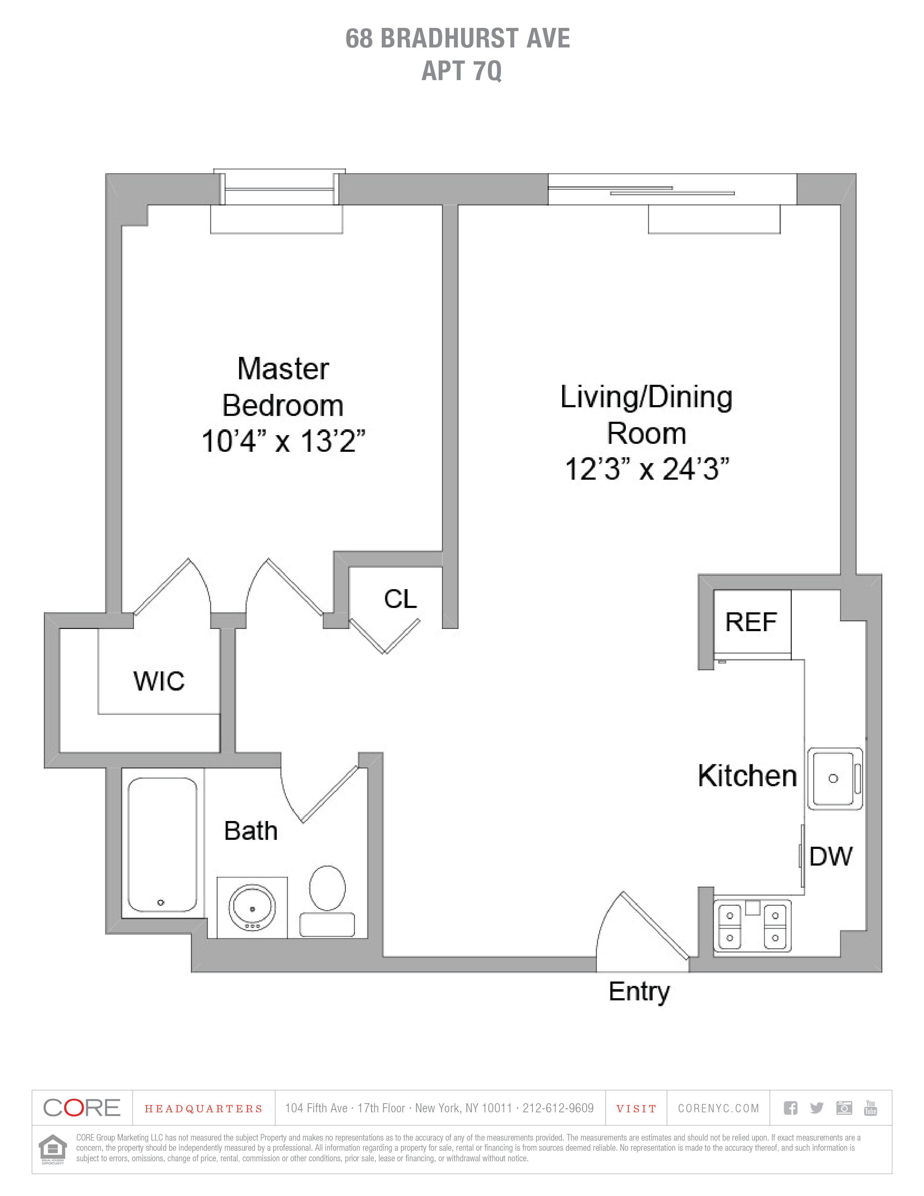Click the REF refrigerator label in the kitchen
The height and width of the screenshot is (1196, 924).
point(751,623)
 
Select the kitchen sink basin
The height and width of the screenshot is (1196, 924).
point(834,778)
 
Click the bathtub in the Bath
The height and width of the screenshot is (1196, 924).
point(162,845)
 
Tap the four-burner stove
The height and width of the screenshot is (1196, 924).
point(752,925)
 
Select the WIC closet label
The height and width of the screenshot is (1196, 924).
point(159,681)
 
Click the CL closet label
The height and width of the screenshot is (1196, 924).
point(400,599)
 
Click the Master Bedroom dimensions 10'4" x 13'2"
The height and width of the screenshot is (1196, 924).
point(283,441)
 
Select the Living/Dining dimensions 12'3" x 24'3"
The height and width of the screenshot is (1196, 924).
point(647,469)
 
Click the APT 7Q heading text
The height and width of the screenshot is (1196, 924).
point(461,71)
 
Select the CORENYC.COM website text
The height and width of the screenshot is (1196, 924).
point(718,1108)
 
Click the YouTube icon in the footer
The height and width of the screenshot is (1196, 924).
point(870,1108)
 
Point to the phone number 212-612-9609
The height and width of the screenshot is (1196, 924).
point(558,1108)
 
